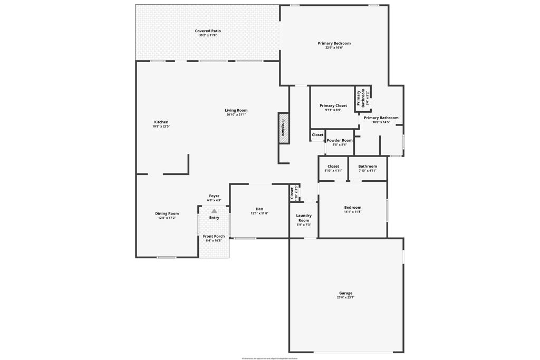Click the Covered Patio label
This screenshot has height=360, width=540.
click(x=208, y=31)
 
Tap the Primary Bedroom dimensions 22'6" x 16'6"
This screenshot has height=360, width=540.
click(x=334, y=48)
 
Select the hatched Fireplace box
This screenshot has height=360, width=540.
click(x=283, y=128)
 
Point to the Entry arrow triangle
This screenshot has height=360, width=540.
click(x=214, y=211)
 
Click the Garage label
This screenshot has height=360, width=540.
click(x=346, y=293)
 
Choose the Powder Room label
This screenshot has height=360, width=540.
click(x=340, y=140)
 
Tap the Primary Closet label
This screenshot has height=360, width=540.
click(x=333, y=105)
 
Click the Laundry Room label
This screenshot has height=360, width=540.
click(x=304, y=218)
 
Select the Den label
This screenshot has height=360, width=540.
click(x=259, y=209)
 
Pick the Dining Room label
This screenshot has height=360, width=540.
click(x=167, y=213)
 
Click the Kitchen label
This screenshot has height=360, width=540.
click(x=161, y=122)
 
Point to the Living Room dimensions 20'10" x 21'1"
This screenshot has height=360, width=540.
click(x=236, y=114)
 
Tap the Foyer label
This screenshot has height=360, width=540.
click(x=214, y=196)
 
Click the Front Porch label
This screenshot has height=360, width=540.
click(x=214, y=236)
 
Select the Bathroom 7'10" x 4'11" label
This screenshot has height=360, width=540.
click(x=368, y=166)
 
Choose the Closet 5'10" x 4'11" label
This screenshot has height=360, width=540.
click(x=333, y=166)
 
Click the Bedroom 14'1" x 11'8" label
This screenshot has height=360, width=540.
click(x=353, y=207)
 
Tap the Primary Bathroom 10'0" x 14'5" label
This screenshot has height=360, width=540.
click(x=381, y=118)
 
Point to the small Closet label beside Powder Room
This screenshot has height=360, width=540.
click(x=317, y=135)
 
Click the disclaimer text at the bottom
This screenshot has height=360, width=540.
click(x=269, y=358)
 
